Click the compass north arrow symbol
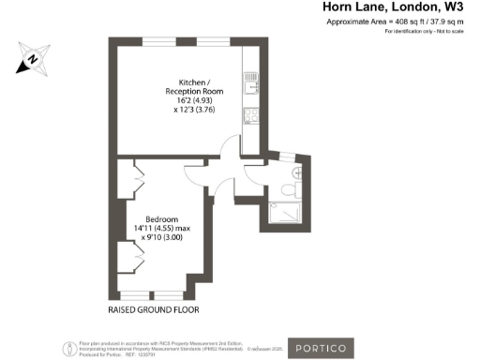pyautogui.click(x=32, y=59)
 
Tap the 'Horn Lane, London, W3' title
pyautogui.click(x=393, y=8)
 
